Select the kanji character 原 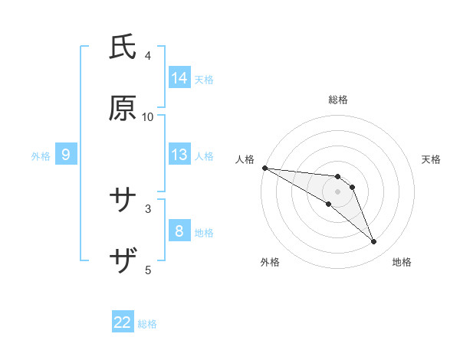(x=123, y=109)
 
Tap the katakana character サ (x=123, y=201)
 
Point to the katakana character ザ (x=123, y=262)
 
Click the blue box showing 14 (x=179, y=78)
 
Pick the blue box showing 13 (x=179, y=155)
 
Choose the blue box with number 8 (x=179, y=231)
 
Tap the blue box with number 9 (x=66, y=155)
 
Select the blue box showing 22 (x=123, y=323)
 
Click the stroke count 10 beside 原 (x=148, y=116)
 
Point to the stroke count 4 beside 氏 (x=148, y=55)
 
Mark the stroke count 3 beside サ (x=148, y=208)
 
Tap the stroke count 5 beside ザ (x=148, y=270)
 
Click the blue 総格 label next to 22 (x=147, y=324)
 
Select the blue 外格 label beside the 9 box (x=41, y=155)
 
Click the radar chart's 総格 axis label (x=338, y=100)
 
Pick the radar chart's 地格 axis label (x=402, y=262)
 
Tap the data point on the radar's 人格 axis (x=264, y=168)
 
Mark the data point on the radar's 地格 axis (x=374, y=242)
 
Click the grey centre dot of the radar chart (x=338, y=191)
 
